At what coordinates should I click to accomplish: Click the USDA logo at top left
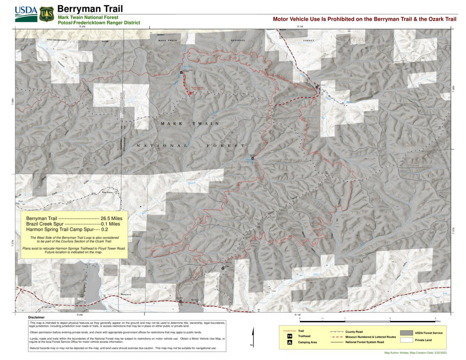click(x=26, y=14)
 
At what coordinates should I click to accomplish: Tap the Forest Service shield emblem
click(x=47, y=14)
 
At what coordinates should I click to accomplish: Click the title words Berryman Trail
click(x=90, y=9)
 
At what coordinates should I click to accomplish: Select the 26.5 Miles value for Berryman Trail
click(x=111, y=218)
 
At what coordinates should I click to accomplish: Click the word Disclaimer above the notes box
click(x=36, y=317)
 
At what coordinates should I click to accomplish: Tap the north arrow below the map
click(x=253, y=337)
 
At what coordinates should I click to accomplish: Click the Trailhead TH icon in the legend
click(x=290, y=336)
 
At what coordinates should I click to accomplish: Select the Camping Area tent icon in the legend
click(x=290, y=343)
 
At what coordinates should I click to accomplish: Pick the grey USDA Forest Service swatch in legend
click(x=406, y=333)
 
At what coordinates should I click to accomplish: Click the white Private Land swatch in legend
click(x=406, y=340)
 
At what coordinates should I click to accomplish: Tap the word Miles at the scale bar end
click(x=438, y=322)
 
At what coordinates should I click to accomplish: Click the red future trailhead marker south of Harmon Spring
click(x=191, y=93)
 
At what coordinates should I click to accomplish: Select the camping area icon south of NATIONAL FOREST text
click(x=253, y=158)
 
